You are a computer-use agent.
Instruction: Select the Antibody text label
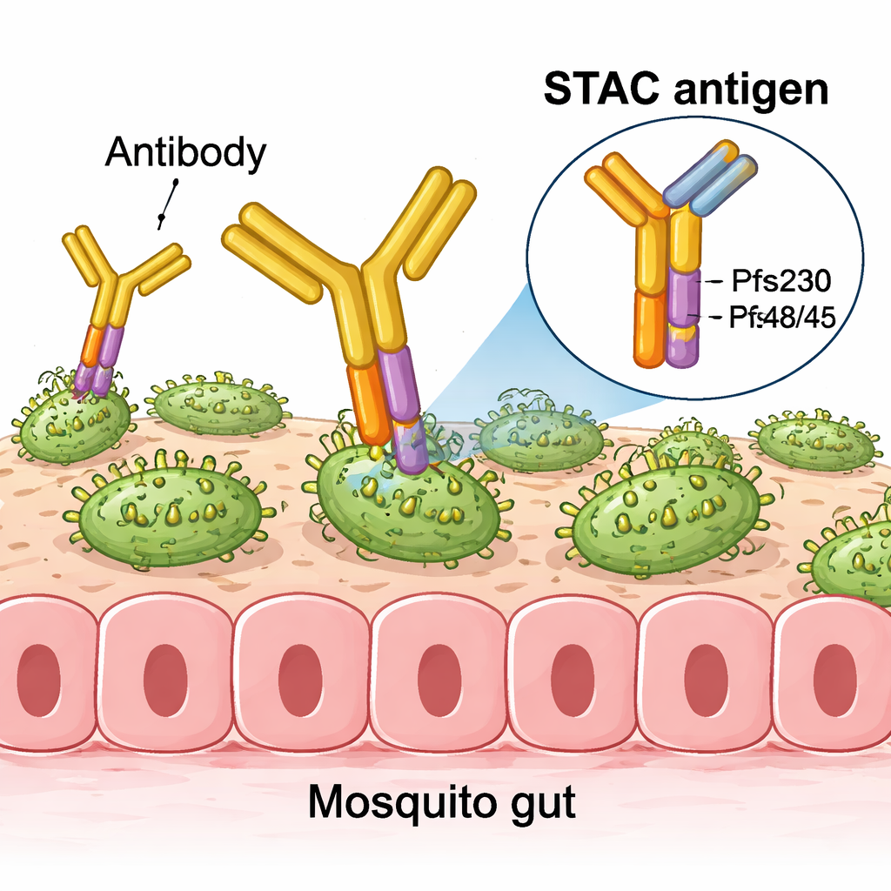click(184, 152)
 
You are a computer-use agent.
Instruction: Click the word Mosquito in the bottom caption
click(388, 801)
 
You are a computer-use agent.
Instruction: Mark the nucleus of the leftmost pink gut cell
click(30, 680)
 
